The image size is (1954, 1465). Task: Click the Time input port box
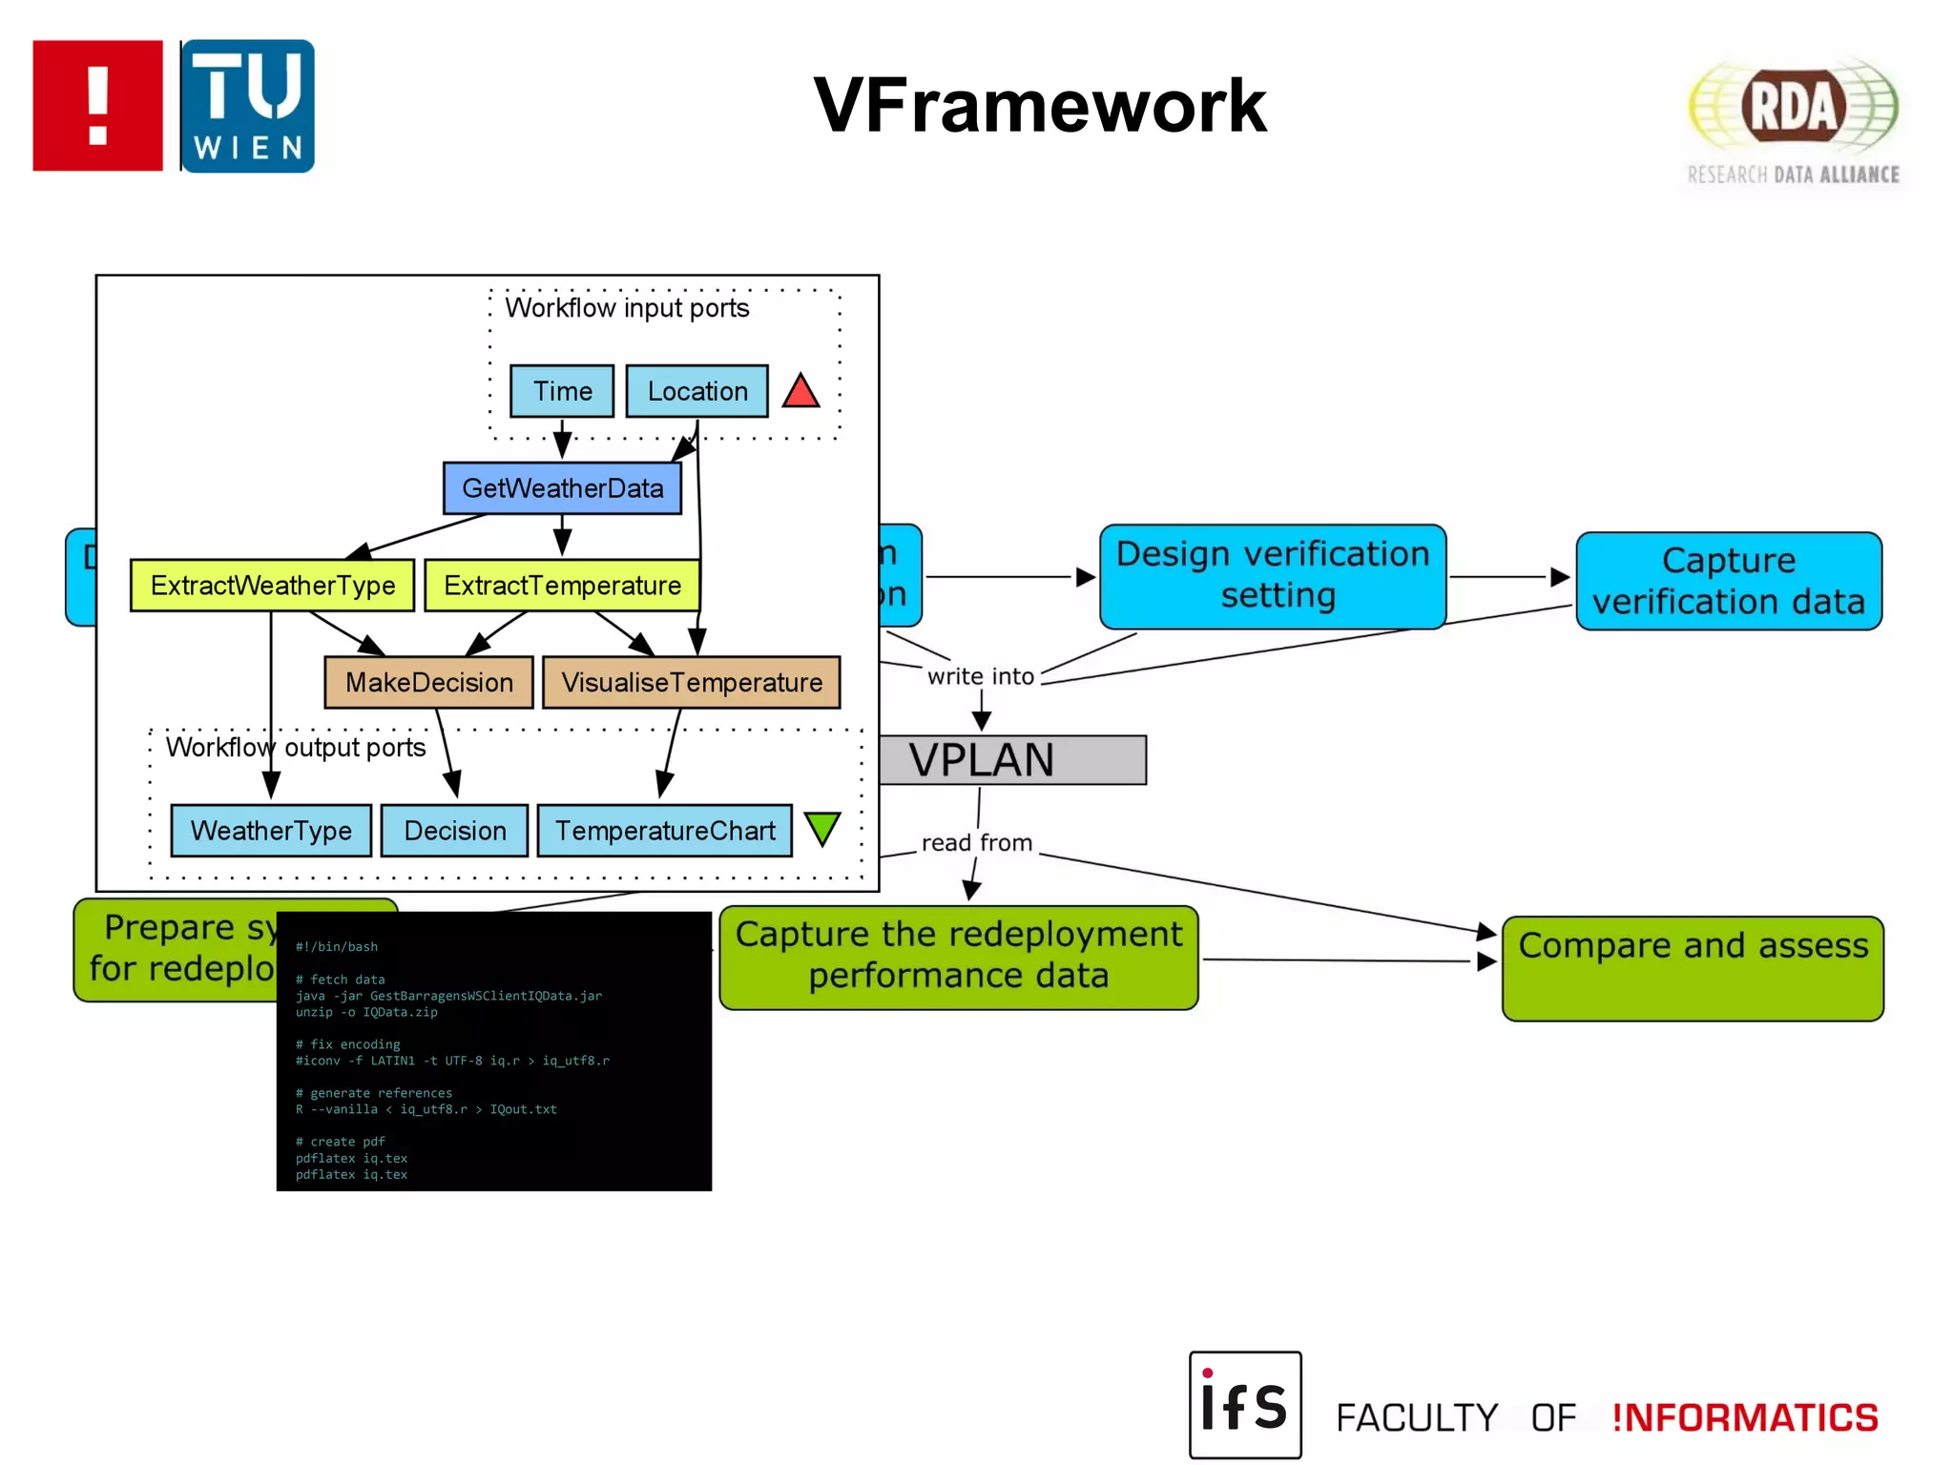point(561,391)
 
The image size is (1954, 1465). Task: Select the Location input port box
point(696,391)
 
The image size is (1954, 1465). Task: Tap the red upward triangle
point(800,392)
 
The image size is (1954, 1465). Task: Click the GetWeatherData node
point(562,488)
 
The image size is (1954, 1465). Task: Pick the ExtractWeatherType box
point(272,585)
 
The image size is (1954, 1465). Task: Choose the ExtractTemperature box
point(561,585)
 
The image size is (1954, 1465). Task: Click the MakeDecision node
point(428,682)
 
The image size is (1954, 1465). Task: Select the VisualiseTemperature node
point(691,682)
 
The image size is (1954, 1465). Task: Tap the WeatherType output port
point(271,831)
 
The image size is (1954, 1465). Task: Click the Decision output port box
point(454,831)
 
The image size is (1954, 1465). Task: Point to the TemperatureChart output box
point(664,831)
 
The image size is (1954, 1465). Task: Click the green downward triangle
point(821,828)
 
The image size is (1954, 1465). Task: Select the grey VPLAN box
point(1011,760)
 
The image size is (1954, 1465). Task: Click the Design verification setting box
point(1272,576)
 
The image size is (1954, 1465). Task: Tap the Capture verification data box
point(1728,581)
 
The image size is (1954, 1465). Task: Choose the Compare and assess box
point(1692,968)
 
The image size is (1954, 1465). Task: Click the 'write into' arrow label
point(980,676)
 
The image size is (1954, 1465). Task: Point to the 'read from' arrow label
point(976,843)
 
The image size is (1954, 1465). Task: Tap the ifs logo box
point(1244,1404)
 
